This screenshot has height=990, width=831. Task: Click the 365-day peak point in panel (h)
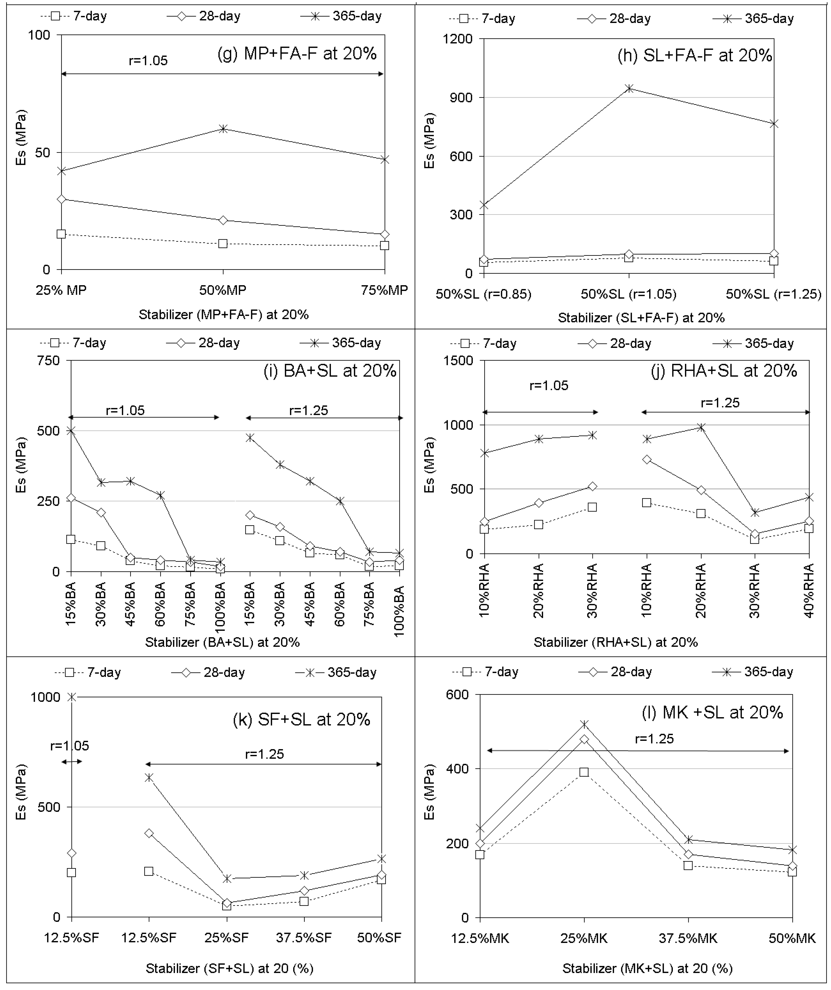629,88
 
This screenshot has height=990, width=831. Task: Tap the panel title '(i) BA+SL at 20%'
330,371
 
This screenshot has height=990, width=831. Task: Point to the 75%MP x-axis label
384,290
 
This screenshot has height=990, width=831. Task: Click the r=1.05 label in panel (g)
148,61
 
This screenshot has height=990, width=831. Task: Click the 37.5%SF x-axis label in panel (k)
304,937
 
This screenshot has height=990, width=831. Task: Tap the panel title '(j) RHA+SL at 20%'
724,371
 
